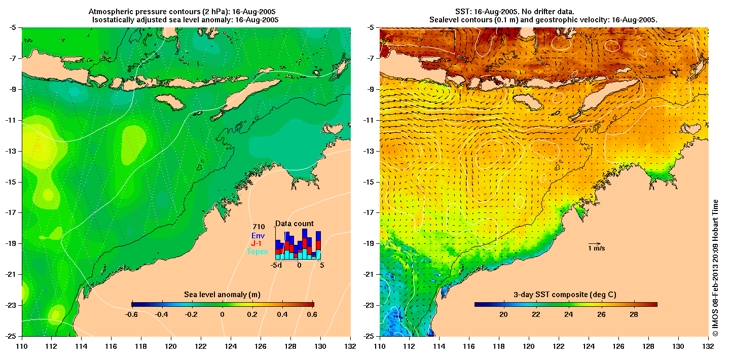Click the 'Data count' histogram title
[x=294, y=224]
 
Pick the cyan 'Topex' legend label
[x=258, y=251]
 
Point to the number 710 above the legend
[x=259, y=227]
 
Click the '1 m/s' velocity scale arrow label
[x=596, y=248]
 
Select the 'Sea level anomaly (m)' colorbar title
[x=223, y=295]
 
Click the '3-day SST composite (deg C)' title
[x=565, y=295]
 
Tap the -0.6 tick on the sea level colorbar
[x=132, y=314]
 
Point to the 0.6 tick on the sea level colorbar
[x=312, y=314]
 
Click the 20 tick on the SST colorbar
[x=503, y=314]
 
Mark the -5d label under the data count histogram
[x=276, y=265]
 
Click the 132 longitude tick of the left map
[x=350, y=346]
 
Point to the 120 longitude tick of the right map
[x=529, y=346]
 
